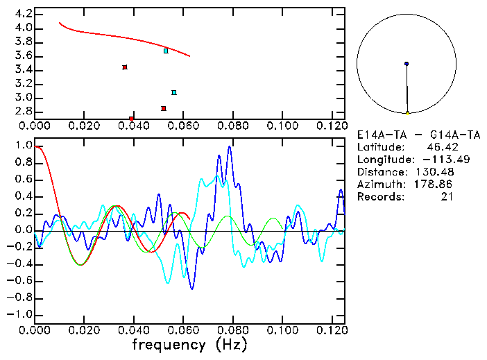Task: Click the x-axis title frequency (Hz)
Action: (189, 344)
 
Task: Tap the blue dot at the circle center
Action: (407, 64)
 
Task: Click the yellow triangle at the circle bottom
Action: (407, 112)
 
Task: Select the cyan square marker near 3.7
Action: (166, 51)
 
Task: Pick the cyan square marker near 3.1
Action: (174, 92)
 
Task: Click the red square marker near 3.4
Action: (125, 67)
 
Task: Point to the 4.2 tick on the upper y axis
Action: (23, 14)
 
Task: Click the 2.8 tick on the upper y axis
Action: (23, 111)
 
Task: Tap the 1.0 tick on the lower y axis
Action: (23, 146)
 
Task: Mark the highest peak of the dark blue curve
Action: (229, 147)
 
